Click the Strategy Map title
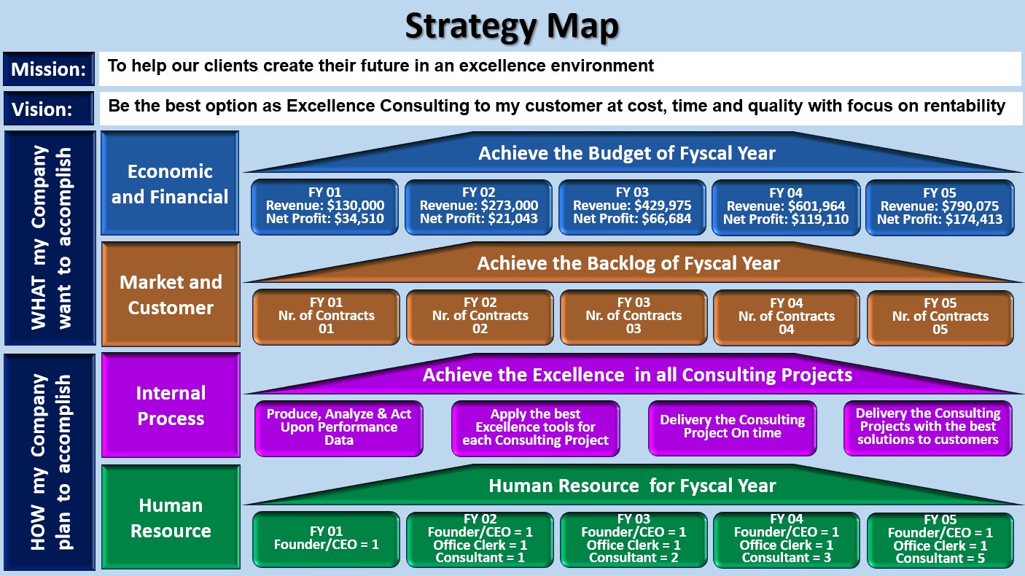point(512,27)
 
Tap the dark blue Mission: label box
point(49,69)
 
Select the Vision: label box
point(49,109)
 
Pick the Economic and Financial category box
point(170,183)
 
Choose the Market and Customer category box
point(171,294)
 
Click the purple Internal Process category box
point(171,405)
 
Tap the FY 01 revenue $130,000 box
point(325,207)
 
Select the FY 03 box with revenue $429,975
point(632,207)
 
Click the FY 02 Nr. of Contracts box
point(480,317)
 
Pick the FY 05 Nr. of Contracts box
point(940,317)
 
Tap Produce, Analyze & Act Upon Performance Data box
point(339,428)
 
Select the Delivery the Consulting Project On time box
point(733,428)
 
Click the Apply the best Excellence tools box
point(536,428)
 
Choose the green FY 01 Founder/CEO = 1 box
point(327,540)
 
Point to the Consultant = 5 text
point(940,559)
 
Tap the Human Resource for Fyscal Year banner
point(632,486)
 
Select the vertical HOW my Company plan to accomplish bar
point(50,462)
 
